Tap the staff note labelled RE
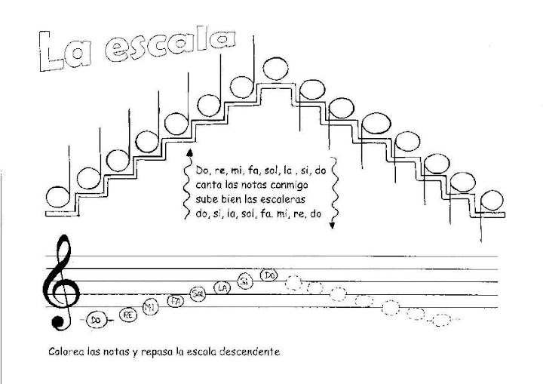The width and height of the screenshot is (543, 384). tap(128, 315)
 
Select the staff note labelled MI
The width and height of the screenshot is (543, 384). tap(151, 307)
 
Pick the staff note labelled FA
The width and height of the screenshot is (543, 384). tap(175, 301)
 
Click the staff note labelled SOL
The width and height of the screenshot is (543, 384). tap(198, 293)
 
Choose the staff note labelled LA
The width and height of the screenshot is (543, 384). tap(222, 287)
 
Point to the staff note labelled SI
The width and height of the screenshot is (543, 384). tap(244, 281)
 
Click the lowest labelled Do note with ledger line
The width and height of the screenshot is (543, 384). tap(96, 320)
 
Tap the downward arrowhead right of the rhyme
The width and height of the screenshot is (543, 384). tap(331, 224)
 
